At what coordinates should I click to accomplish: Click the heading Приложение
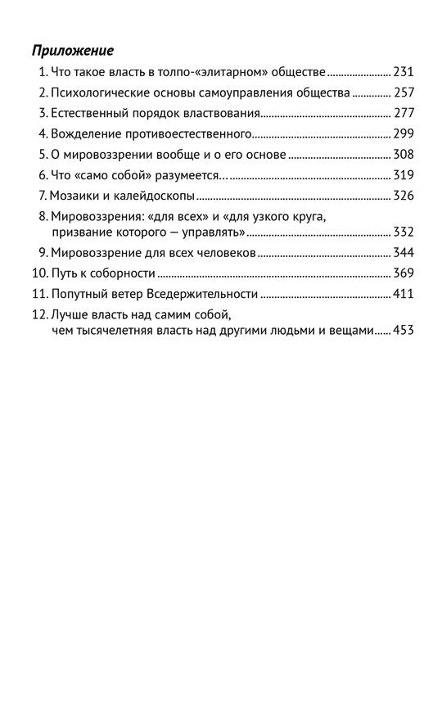coord(72,49)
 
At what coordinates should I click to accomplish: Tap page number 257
coord(404,93)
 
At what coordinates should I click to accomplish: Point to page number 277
coord(404,113)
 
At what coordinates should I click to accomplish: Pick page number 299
coord(404,133)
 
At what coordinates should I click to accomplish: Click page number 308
coord(404,154)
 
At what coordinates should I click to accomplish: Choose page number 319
coord(404,174)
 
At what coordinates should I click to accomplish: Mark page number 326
coord(404,196)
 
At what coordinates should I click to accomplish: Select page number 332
coord(404,232)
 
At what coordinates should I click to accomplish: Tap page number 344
coord(404,252)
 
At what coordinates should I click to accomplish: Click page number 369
coord(404,273)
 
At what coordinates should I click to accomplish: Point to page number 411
coord(404,294)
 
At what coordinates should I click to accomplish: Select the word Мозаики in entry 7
coord(73,196)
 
